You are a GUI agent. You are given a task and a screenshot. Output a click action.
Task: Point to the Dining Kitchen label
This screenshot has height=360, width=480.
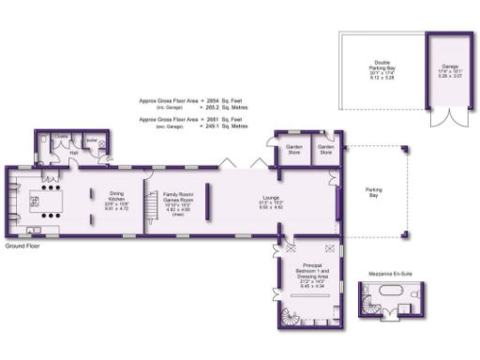[115, 201]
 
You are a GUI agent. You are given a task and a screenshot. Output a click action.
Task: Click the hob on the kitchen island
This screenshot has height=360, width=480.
[41, 201]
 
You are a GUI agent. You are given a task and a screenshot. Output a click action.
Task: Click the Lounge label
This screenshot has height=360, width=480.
[270, 201]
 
